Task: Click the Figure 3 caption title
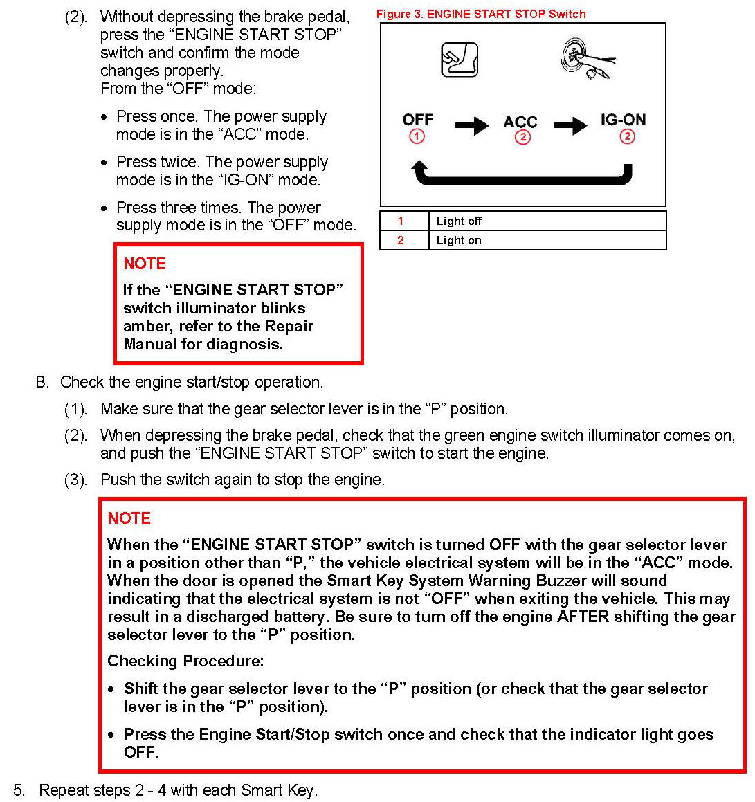[x=481, y=14]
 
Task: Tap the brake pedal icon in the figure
[x=460, y=60]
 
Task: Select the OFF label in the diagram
[x=417, y=120]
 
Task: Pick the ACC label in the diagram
[x=520, y=122]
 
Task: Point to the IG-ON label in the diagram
[x=623, y=120]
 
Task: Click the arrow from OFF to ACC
[x=472, y=125]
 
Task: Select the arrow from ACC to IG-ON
[x=570, y=125]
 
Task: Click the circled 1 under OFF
[x=417, y=136]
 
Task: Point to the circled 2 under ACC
[x=522, y=137]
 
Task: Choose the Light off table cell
[x=459, y=221]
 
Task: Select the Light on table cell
[x=459, y=240]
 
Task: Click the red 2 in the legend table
[x=400, y=240]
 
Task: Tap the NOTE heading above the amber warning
[x=145, y=264]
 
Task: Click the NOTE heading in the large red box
[x=129, y=518]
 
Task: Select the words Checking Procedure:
[x=185, y=661]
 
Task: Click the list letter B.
[x=42, y=382]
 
